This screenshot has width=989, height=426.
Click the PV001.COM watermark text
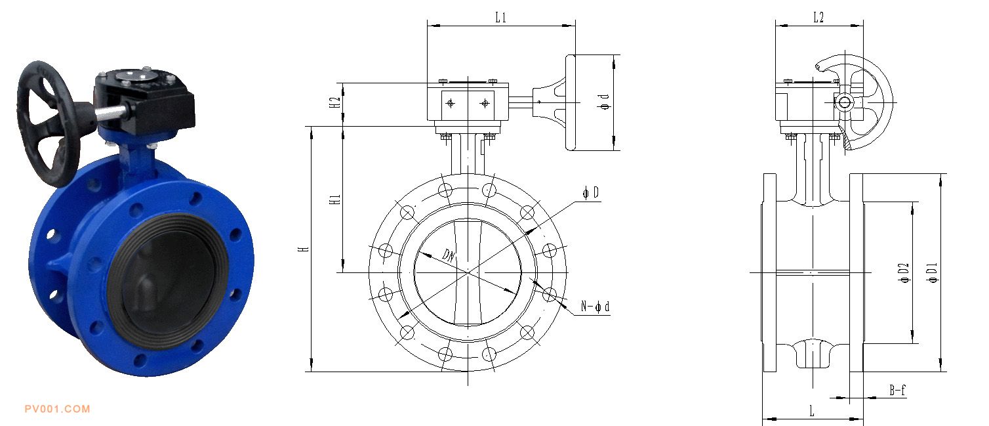tap(57, 409)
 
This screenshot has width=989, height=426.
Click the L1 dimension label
tap(500, 18)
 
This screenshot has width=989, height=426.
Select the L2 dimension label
tap(818, 18)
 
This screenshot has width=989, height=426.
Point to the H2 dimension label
tap(335, 102)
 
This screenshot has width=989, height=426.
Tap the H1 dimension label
tap(335, 200)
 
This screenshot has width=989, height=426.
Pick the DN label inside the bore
tap(449, 255)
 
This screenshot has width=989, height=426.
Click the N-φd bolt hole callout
tap(595, 307)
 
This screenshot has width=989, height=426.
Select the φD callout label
tap(591, 193)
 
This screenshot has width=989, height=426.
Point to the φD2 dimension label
tap(904, 272)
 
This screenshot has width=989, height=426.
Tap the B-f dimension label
tap(897, 390)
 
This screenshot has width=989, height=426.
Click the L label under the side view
tap(811, 411)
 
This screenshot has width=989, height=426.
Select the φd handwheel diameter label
tap(605, 102)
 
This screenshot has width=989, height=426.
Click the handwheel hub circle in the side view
tap(844, 103)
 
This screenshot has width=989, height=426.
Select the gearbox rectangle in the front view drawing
tap(468, 102)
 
